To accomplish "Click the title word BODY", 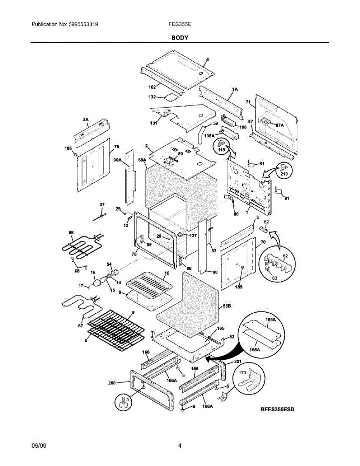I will point(180,38).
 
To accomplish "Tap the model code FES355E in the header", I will point(179,24).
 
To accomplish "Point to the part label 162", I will point(152,87).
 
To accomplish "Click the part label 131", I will point(154,123).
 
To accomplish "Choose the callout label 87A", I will point(280,125).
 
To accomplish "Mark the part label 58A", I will point(142,160).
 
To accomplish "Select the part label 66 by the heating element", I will point(71,233).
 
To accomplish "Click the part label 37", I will point(102,204).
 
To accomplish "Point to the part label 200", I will point(112,383).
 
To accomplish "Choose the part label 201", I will point(238,362).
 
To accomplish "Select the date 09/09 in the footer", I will point(39,446).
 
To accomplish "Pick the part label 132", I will point(152,97).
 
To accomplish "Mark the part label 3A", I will point(85,120).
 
